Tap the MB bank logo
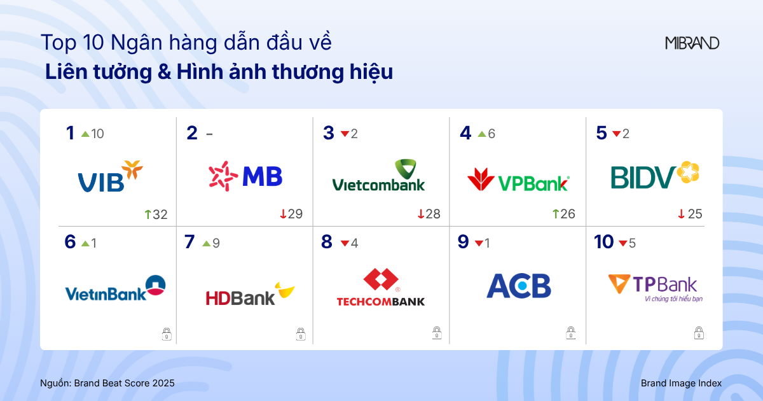(x=245, y=176)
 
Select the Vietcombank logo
(x=378, y=176)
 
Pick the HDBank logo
(x=250, y=295)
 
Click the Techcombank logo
(x=381, y=288)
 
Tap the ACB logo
(x=518, y=286)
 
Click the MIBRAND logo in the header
(x=692, y=43)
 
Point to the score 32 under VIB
(x=160, y=215)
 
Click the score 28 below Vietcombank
(x=432, y=215)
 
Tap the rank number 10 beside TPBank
(x=603, y=243)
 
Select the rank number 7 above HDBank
(x=189, y=243)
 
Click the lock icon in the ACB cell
(x=571, y=333)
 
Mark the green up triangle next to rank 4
(x=481, y=134)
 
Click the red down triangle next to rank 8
(x=345, y=243)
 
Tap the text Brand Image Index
(x=681, y=383)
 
